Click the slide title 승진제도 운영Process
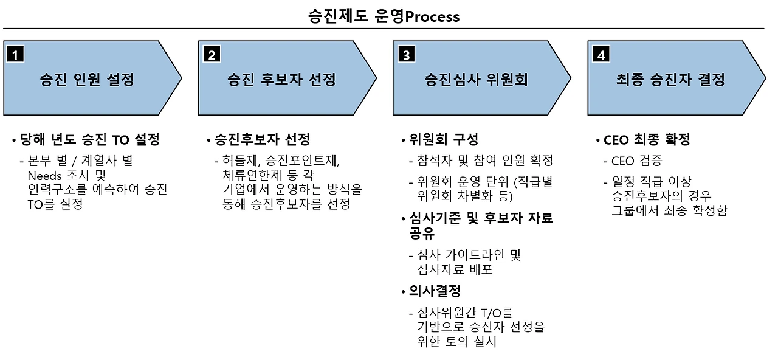point(384,16)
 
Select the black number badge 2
point(212,55)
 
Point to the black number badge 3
point(406,55)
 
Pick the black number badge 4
point(601,55)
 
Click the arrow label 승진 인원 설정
point(86,80)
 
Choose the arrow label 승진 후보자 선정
point(281,80)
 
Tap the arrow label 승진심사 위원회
point(475,80)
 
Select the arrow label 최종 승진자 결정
point(670,80)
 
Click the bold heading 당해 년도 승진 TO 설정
point(89,140)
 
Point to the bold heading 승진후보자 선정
point(262,140)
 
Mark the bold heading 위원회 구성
point(444,140)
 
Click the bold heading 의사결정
point(435,291)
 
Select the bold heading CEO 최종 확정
point(647,140)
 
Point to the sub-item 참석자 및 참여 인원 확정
point(484,161)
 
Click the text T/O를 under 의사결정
point(497,313)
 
